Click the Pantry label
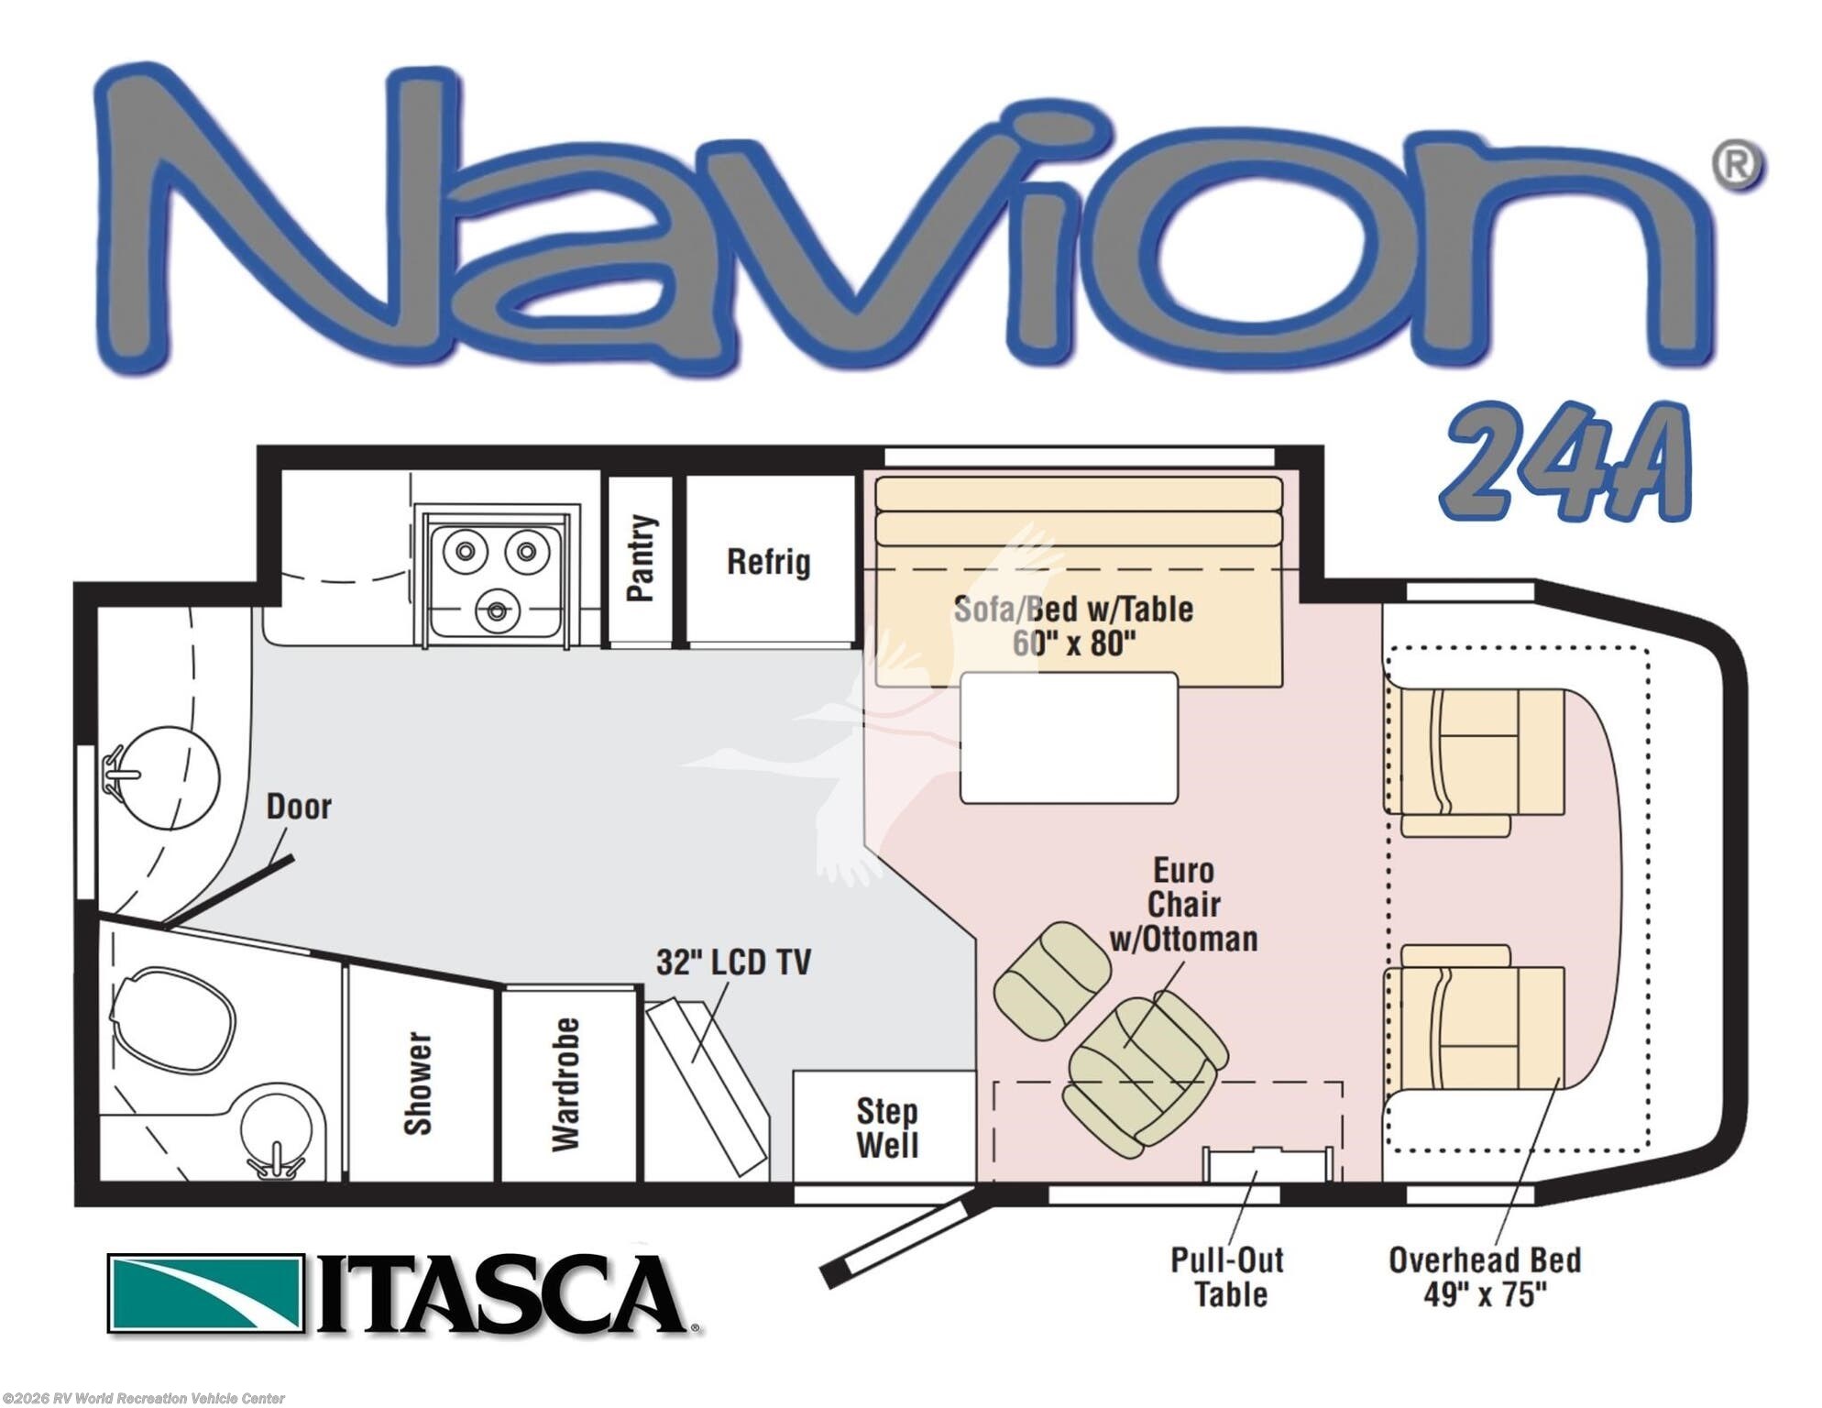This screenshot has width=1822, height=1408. [642, 557]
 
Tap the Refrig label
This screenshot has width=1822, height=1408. [769, 561]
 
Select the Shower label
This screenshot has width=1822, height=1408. [418, 1083]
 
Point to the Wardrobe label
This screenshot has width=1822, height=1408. [565, 1084]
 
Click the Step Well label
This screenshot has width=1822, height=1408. [887, 1128]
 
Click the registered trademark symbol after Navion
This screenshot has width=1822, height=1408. [1737, 166]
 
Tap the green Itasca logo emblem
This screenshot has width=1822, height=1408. [206, 1292]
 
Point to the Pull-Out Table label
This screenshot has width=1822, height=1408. [1228, 1277]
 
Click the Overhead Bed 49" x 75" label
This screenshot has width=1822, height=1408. [1485, 1277]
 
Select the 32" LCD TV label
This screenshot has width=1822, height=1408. [733, 962]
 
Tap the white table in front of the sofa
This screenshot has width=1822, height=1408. [1070, 738]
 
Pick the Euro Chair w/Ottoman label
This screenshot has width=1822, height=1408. [1183, 905]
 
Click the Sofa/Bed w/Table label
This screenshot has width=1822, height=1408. [1073, 626]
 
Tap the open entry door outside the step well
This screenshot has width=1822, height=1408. [906, 1237]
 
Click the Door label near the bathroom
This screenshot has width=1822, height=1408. [299, 807]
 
